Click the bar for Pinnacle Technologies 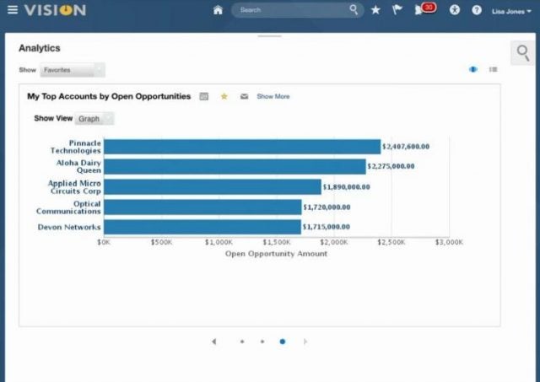tap(241, 147)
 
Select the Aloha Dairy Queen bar tap(234, 167)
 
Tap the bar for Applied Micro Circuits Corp tap(212, 187)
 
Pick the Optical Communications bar tap(202, 207)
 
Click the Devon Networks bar tap(202, 227)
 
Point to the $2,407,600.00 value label tap(406, 147)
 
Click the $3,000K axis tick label tap(449, 242)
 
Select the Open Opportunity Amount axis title tap(276, 253)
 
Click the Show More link tap(273, 97)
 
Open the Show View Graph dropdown tap(95, 119)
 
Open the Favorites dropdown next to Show tap(73, 70)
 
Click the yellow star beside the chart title tap(224, 97)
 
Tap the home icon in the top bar tap(218, 11)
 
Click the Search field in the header tap(291, 11)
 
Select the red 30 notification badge tap(429, 8)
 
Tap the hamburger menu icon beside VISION tap(12, 11)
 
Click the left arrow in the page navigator tap(214, 342)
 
